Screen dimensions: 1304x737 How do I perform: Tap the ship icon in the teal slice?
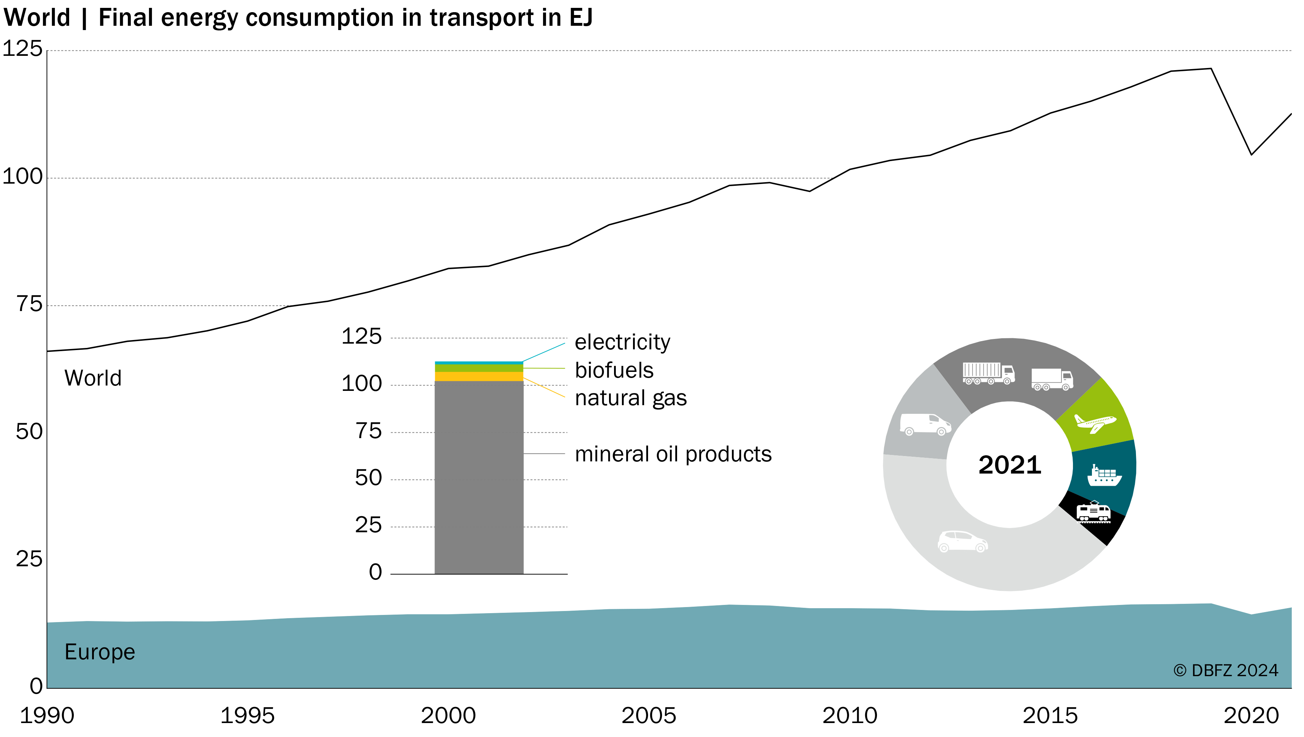point(1105,475)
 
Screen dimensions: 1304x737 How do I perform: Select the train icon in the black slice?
point(1094,512)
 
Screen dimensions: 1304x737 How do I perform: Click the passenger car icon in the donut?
point(963,541)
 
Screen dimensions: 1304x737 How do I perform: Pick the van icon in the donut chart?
point(926,424)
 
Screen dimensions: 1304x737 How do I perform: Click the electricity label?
point(622,342)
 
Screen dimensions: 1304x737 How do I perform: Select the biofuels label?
point(614,370)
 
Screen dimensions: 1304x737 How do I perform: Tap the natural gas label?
point(631,398)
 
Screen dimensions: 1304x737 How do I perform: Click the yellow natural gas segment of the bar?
point(479,377)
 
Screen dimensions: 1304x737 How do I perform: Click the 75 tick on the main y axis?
point(29,304)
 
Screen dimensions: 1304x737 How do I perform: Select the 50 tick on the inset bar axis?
point(368,478)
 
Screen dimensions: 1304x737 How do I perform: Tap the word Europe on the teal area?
point(100,652)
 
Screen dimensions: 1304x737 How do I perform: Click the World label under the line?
point(93,378)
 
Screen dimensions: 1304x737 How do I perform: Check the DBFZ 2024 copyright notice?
point(1226,671)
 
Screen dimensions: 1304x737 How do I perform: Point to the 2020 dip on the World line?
point(1251,154)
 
